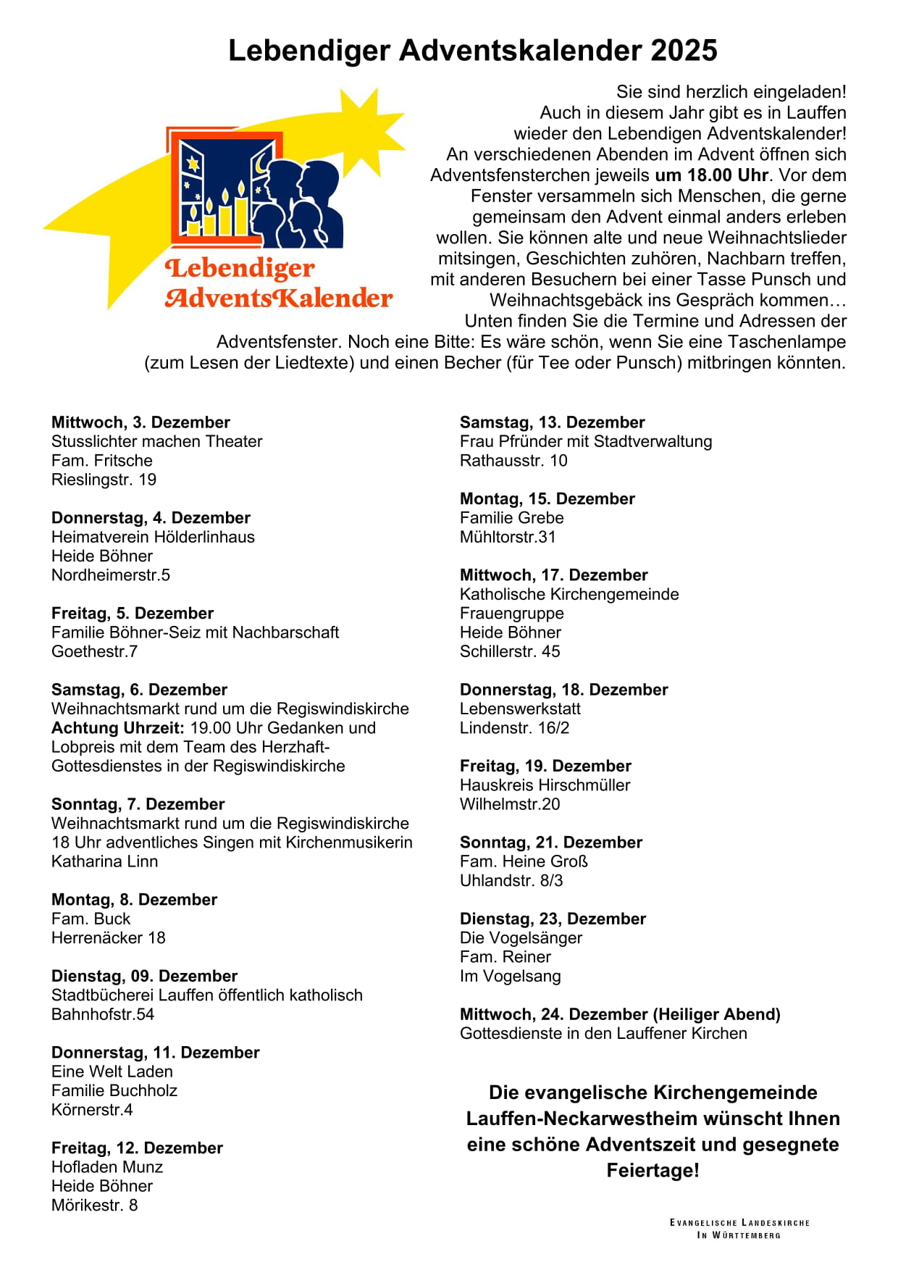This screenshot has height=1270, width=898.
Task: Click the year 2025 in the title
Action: pos(684,51)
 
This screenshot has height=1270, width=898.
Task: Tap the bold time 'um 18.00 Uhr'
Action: pos(712,175)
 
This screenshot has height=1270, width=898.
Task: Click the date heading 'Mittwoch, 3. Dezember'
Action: pos(140,422)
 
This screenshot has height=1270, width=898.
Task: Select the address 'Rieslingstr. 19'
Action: pos(104,480)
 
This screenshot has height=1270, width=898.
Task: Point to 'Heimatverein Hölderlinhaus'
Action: pos(153,537)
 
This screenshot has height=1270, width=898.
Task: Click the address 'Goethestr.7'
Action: pos(94,651)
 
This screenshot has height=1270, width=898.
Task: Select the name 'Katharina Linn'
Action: pos(104,861)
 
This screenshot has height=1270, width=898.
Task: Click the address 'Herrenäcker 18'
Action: pos(108,937)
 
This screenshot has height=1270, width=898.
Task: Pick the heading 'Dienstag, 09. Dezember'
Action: pos(144,976)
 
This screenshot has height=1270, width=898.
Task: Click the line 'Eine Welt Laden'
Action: pos(112,1071)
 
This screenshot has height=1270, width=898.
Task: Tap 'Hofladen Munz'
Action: pos(107,1167)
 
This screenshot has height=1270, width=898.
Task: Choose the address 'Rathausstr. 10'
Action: pos(513,461)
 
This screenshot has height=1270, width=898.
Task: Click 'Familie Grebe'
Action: pos(511,518)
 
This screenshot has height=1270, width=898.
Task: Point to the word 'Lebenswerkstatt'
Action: pos(520,709)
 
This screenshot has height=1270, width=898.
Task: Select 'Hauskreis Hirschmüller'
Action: pos(545,785)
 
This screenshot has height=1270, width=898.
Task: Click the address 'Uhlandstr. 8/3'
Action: pos(511,880)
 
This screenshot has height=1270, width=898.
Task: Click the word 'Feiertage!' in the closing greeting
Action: pos(652,1171)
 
